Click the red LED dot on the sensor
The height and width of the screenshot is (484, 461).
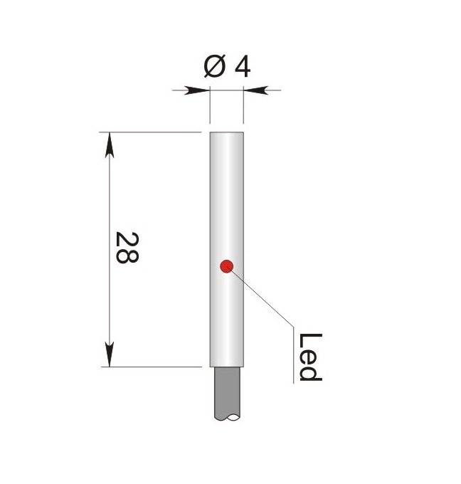(x=226, y=266)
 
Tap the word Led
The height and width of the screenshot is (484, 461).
(x=310, y=357)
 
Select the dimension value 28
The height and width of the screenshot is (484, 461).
(x=127, y=248)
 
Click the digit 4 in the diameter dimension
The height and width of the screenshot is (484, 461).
(x=242, y=68)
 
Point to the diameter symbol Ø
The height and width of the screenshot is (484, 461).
(x=215, y=65)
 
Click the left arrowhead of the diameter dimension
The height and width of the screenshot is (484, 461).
(x=197, y=90)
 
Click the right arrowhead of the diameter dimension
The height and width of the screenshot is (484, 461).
(x=256, y=90)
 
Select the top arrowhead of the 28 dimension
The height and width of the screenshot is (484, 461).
(x=110, y=145)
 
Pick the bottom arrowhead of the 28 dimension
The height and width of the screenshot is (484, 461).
(x=110, y=354)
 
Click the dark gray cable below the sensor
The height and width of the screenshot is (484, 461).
(x=227, y=394)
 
